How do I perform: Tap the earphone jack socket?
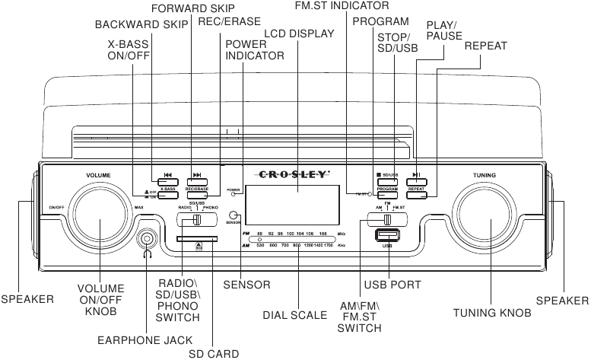pyautogui.click(x=145, y=241)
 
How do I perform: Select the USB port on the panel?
pyautogui.click(x=388, y=237)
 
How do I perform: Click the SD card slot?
pyautogui.click(x=196, y=238)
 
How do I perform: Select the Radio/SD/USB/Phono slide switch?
pyautogui.click(x=197, y=220)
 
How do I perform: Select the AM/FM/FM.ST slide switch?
pyautogui.click(x=386, y=219)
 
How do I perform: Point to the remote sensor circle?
pyautogui.click(x=236, y=216)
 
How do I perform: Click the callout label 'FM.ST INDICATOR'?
pyautogui.click(x=342, y=6)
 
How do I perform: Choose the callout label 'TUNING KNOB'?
pyautogui.click(x=486, y=313)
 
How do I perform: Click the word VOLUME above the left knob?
pyautogui.click(x=98, y=175)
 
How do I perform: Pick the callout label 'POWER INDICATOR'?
pyautogui.click(x=255, y=49)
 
